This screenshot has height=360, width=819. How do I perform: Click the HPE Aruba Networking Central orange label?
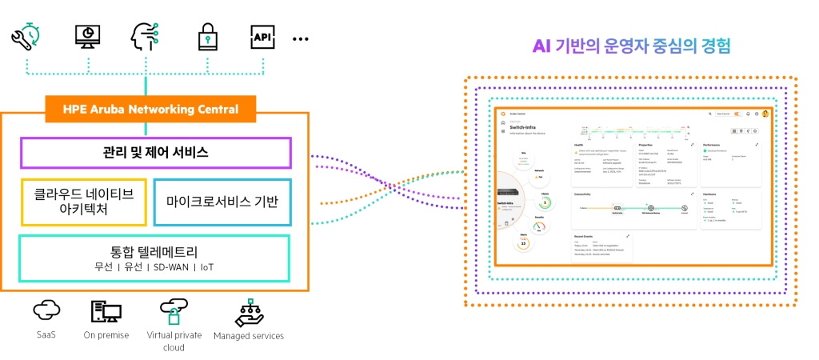150,109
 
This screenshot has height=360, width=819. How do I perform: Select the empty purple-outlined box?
156,153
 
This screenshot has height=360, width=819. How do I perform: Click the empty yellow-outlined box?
84,202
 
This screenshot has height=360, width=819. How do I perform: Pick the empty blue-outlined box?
222,202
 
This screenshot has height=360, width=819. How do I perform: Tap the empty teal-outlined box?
154,258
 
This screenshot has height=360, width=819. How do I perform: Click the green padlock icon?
174,317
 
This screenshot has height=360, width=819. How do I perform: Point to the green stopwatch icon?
31,33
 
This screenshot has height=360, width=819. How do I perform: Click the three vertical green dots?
155,33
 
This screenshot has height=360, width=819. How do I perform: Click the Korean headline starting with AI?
631,46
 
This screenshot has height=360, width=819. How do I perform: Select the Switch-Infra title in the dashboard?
523,127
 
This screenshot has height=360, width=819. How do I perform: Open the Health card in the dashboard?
579,145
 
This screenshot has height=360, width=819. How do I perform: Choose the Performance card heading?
717,145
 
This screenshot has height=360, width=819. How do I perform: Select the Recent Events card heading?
586,237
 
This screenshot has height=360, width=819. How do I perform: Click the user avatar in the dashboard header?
765,114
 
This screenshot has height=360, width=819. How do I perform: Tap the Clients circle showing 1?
545,202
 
